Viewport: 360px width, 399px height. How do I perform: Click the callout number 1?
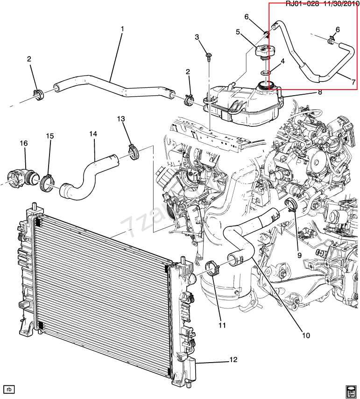(x=122, y=29)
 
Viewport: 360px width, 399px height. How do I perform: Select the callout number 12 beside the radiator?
(x=233, y=360)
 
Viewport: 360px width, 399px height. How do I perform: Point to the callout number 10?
(x=305, y=335)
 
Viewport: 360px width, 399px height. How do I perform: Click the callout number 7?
(x=353, y=82)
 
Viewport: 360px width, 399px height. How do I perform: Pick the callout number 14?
(x=93, y=134)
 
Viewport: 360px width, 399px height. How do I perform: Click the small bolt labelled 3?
(x=208, y=58)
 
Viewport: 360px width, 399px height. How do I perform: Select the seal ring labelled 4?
(x=265, y=73)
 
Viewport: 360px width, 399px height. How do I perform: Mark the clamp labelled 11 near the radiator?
(x=213, y=269)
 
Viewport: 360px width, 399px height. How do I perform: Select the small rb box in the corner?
(x=8, y=388)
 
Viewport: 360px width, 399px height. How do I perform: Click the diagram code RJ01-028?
(x=302, y=4)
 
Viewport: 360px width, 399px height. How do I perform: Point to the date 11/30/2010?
(x=339, y=4)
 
